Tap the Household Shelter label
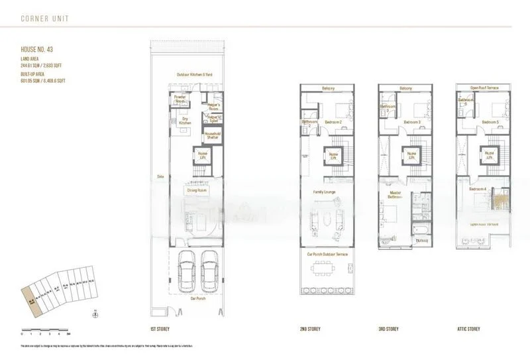pyautogui.click(x=212, y=135)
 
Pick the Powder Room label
pyautogui.click(x=179, y=99)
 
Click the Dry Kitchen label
pyautogui.click(x=186, y=121)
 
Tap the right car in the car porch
pyautogui.click(x=210, y=272)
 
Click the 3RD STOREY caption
pyautogui.click(x=389, y=328)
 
